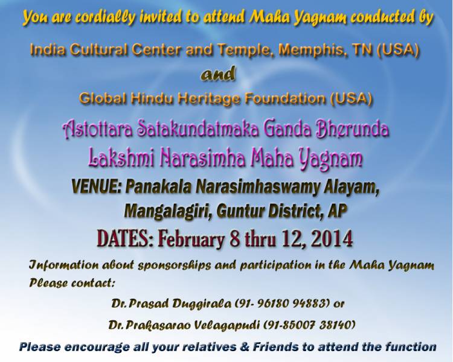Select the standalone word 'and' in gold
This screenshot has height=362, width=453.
[x=218, y=74]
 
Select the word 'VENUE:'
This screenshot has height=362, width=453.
[x=96, y=187]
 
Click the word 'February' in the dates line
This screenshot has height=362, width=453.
[x=191, y=240]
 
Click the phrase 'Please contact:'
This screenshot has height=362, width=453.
[x=72, y=282]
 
